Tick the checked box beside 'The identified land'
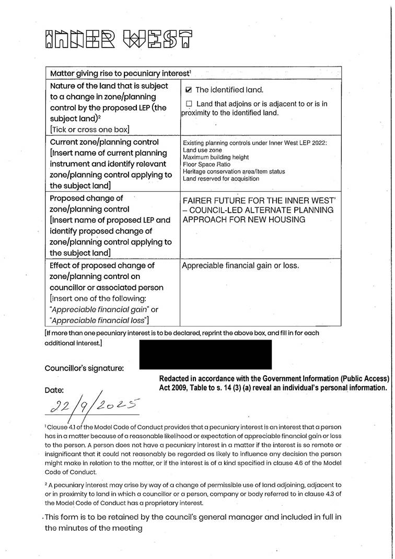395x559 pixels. (x=189, y=90)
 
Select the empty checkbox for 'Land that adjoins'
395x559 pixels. (x=189, y=103)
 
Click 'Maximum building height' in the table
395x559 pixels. (x=216, y=157)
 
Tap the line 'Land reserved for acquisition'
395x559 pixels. (x=220, y=179)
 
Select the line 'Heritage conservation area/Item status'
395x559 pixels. (x=234, y=171)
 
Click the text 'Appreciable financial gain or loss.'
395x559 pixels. (x=240, y=266)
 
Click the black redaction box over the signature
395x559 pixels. (x=205, y=354)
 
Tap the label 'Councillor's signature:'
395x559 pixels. (x=84, y=368)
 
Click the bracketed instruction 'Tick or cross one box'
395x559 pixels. (x=89, y=129)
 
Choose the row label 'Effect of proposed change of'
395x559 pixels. (x=102, y=265)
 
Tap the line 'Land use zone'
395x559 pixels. (x=202, y=150)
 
